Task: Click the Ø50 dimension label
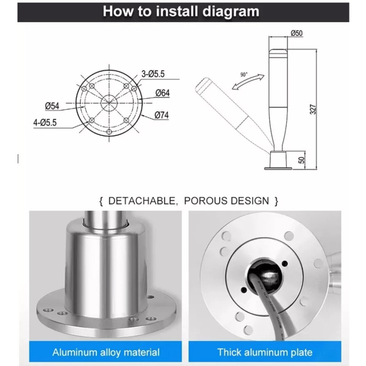click(x=296, y=34)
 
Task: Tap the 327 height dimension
click(x=313, y=109)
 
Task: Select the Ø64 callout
click(x=162, y=93)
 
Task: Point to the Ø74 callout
click(x=162, y=115)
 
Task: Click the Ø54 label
click(x=52, y=106)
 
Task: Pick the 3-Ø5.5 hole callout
click(x=153, y=74)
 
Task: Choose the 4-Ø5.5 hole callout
click(x=45, y=123)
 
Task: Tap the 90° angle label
click(x=243, y=74)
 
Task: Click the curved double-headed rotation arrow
click(x=248, y=82)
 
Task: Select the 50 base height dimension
click(x=301, y=160)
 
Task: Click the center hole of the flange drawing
click(x=109, y=103)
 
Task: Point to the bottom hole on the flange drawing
click(x=109, y=132)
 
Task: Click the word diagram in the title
click(x=231, y=12)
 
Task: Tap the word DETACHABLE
click(x=142, y=201)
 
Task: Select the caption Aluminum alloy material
click(x=106, y=352)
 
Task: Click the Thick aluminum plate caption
click(x=265, y=352)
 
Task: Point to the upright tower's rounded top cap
click(x=278, y=51)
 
